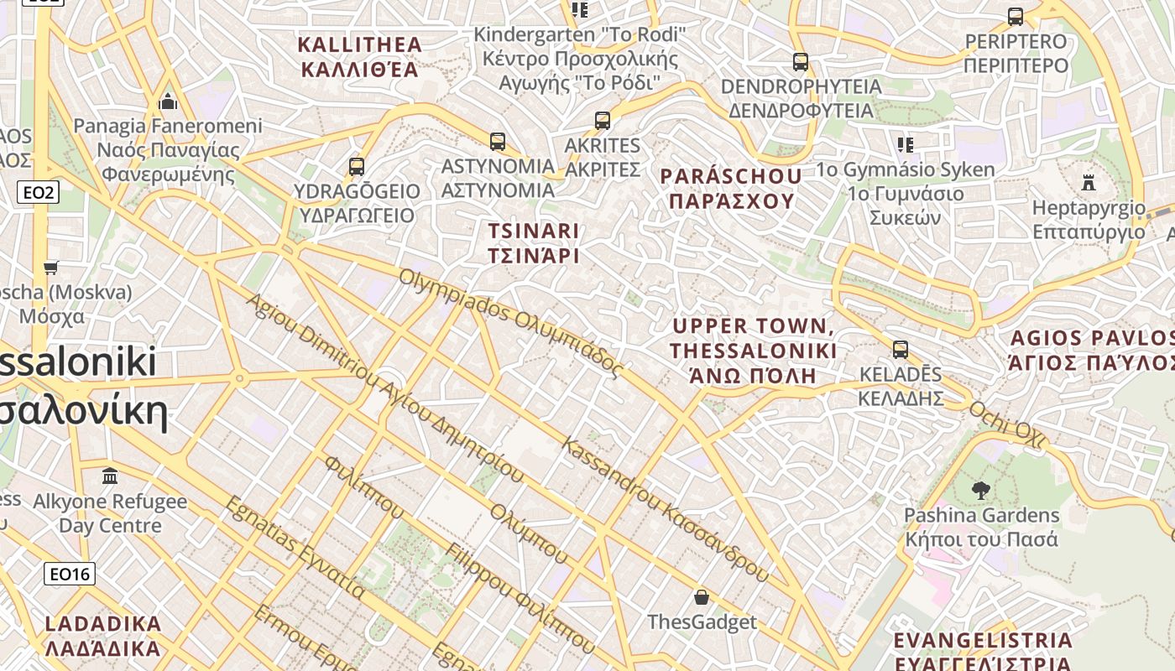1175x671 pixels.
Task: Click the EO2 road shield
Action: (x=39, y=193)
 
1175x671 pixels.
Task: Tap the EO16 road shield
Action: (x=70, y=574)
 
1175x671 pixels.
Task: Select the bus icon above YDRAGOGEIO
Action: (x=357, y=166)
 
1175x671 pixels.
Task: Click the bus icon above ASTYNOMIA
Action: (x=498, y=141)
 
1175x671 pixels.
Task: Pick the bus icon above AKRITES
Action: (x=603, y=120)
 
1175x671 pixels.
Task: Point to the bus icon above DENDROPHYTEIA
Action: (x=801, y=61)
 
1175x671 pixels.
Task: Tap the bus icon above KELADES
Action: (x=901, y=349)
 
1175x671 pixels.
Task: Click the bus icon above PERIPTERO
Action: (x=1016, y=16)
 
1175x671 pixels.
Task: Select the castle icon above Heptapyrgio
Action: (x=1089, y=181)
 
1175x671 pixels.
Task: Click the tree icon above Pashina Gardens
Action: (x=980, y=490)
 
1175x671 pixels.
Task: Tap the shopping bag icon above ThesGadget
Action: (x=702, y=597)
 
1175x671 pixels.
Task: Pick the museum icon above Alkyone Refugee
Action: (x=110, y=476)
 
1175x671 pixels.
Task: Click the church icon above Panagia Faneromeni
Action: (x=168, y=101)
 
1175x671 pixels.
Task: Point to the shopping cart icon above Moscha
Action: (x=51, y=268)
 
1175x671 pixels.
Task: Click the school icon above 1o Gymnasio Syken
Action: (x=905, y=144)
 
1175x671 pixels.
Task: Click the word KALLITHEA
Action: (x=360, y=44)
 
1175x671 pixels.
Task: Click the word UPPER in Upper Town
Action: (x=709, y=326)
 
